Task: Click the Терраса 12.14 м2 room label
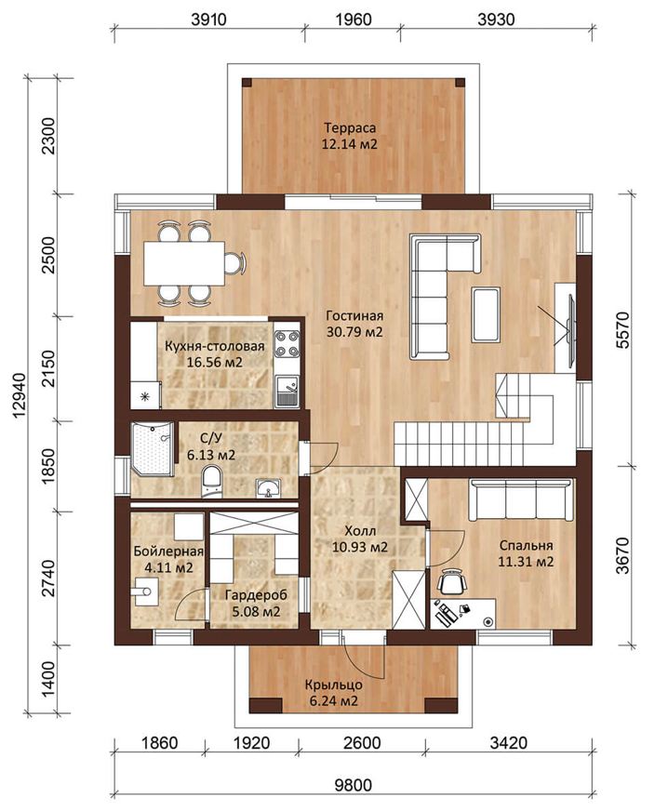[x=349, y=136]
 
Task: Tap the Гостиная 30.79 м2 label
[x=354, y=324]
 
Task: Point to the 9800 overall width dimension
[x=353, y=785]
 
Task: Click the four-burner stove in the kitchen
[x=287, y=344]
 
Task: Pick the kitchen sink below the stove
[x=287, y=391]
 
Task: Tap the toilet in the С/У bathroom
[x=211, y=482]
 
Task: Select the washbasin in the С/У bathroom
[x=268, y=488]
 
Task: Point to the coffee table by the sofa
[x=485, y=315]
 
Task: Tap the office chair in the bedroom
[x=452, y=583]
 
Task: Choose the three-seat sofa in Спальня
[x=521, y=499]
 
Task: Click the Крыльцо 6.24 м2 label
[x=333, y=693]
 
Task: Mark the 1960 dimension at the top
[x=353, y=20]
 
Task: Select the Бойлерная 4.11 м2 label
[x=168, y=559]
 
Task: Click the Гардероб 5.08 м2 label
[x=256, y=603]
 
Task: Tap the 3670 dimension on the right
[x=623, y=555]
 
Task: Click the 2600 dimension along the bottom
[x=362, y=743]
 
